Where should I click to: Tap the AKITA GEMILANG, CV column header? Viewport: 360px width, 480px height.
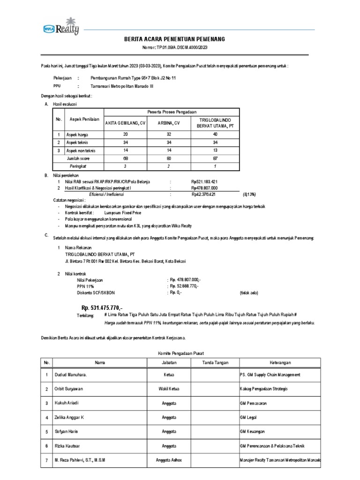coord(125,124)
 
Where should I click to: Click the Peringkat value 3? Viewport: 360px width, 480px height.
coord(125,166)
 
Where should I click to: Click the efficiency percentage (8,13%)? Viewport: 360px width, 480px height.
coord(249,193)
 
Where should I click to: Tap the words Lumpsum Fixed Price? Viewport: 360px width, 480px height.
coord(124,212)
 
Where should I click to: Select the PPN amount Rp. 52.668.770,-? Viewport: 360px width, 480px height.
coord(185,285)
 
